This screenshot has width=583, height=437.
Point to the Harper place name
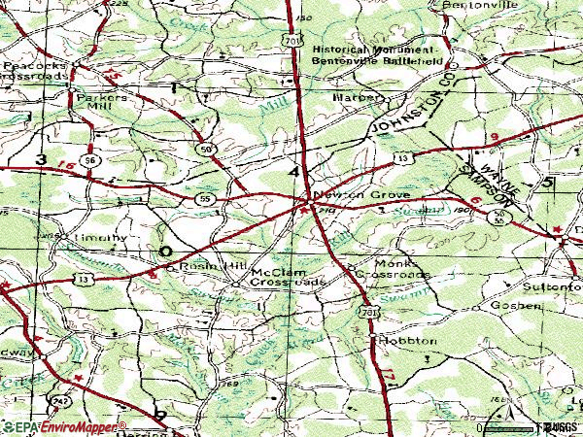click(353, 98)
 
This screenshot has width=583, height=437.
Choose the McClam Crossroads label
click(286, 277)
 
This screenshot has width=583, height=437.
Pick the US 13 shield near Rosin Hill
click(85, 280)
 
